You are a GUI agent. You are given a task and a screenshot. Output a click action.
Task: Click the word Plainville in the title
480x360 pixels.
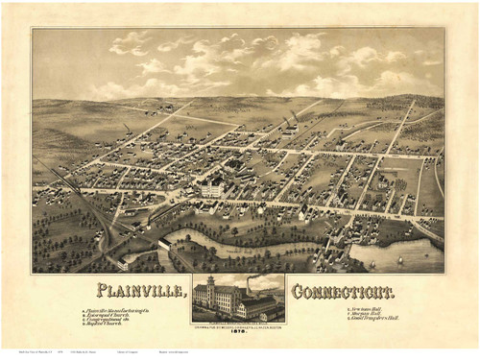[142, 290]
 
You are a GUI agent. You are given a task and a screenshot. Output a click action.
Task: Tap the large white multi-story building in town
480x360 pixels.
[211, 188]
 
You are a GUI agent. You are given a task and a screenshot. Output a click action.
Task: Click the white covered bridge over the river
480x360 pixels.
[164, 243]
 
